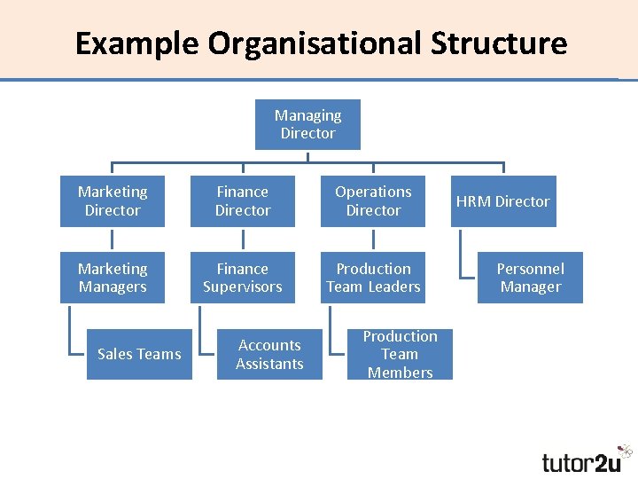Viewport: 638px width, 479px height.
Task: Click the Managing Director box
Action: pyautogui.click(x=307, y=124)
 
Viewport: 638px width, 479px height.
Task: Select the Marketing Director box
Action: pyautogui.click(x=113, y=201)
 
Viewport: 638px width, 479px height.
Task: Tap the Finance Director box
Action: pyautogui.click(x=243, y=201)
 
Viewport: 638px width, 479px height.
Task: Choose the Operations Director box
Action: pyautogui.click(x=373, y=201)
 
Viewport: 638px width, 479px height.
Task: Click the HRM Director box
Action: pyautogui.click(x=503, y=201)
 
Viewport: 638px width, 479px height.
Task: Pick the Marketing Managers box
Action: pyautogui.click(x=113, y=278)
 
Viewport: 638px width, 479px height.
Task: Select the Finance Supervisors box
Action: pyautogui.click(x=243, y=278)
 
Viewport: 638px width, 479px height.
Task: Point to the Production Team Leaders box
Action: pyautogui.click(x=373, y=278)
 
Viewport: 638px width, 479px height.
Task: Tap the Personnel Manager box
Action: pyautogui.click(x=530, y=278)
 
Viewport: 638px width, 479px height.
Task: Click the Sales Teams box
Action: pyautogui.click(x=139, y=354)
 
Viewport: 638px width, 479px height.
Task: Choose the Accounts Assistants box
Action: pyautogui.click(x=269, y=354)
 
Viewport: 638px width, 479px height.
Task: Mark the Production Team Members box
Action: pyautogui.click(x=400, y=354)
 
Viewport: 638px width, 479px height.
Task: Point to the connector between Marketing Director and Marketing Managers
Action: pyautogui.click(x=113, y=239)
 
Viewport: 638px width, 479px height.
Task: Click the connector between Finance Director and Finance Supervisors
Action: pyautogui.click(x=243, y=239)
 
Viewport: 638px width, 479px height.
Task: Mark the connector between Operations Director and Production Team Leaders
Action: pyautogui.click(x=373, y=239)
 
